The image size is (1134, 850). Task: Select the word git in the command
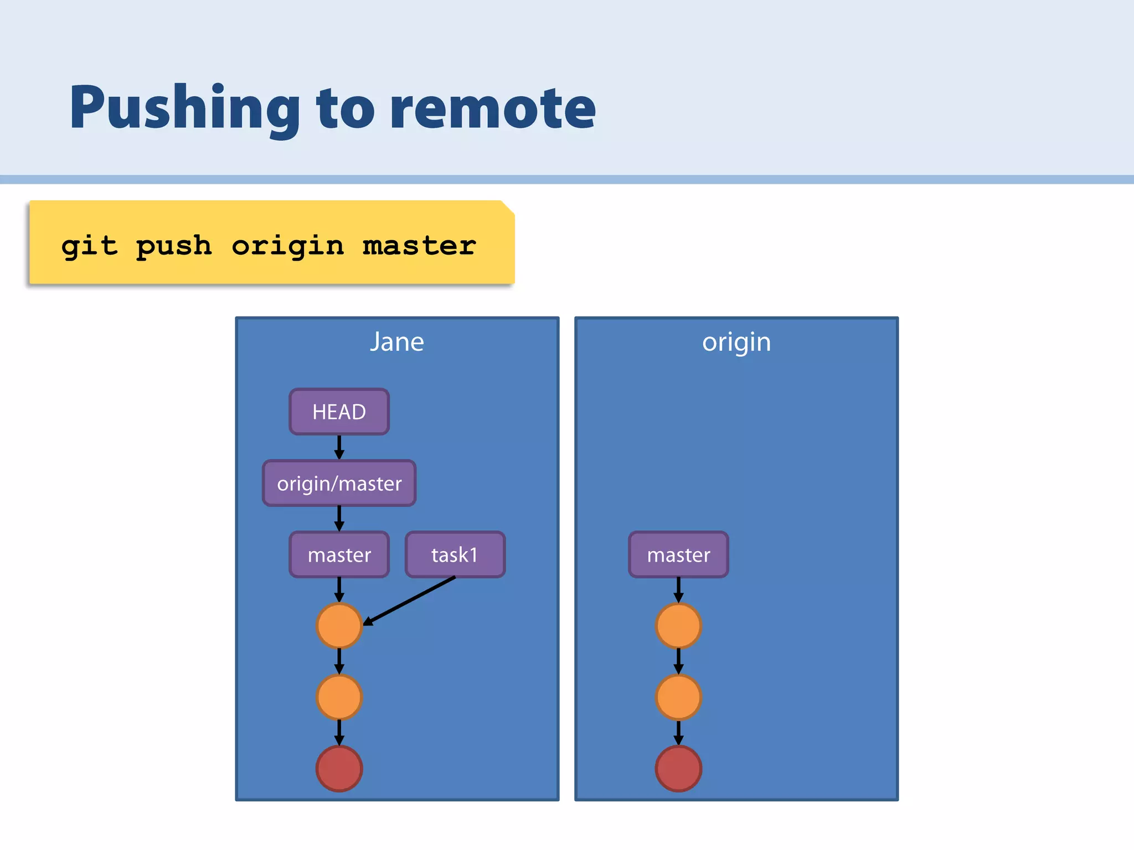click(89, 246)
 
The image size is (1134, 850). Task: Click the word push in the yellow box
click(174, 246)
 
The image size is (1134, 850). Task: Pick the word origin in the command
click(287, 246)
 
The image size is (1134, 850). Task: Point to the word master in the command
click(419, 246)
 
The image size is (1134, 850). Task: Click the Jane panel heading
click(396, 342)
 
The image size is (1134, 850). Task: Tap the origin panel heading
click(736, 342)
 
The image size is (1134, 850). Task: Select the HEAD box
click(339, 412)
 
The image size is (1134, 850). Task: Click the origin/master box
click(339, 484)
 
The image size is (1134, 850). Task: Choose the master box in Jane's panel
click(339, 554)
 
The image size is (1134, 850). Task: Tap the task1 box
click(455, 554)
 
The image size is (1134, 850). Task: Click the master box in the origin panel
click(678, 554)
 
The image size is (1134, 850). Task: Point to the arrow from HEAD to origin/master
click(339, 447)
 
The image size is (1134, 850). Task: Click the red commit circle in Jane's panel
click(339, 768)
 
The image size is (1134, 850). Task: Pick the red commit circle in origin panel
click(678, 768)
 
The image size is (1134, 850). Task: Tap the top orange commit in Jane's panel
click(339, 625)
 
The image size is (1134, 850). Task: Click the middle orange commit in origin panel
click(678, 697)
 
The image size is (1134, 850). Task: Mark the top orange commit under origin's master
click(678, 625)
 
